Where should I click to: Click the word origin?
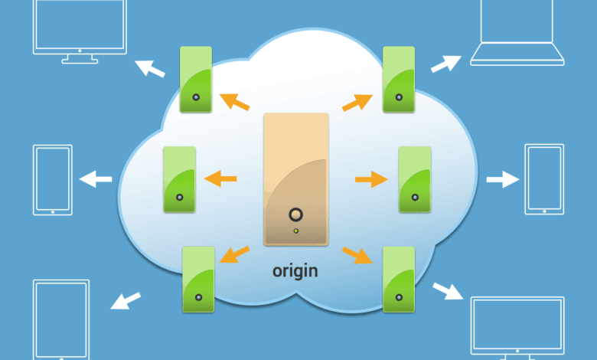[x=295, y=270]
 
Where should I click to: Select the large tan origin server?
[x=296, y=180]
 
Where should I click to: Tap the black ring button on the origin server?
[x=296, y=215]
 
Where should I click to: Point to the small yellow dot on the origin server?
[x=296, y=231]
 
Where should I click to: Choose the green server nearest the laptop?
[x=399, y=80]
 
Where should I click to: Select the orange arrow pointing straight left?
[x=220, y=180]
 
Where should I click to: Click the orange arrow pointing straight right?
[x=372, y=180]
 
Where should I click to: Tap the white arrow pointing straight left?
[x=96, y=180]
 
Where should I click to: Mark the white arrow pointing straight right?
[x=502, y=180]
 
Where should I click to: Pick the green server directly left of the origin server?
[x=180, y=179]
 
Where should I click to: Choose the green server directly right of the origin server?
[x=415, y=180]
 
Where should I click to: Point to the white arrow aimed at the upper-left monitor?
[x=150, y=68]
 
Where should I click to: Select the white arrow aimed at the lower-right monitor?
[x=449, y=291]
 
